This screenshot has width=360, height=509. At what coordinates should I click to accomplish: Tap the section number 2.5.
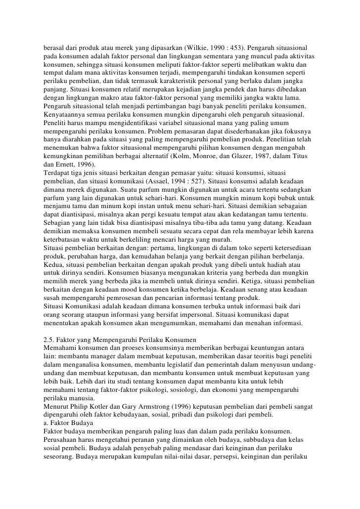click(49, 340)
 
